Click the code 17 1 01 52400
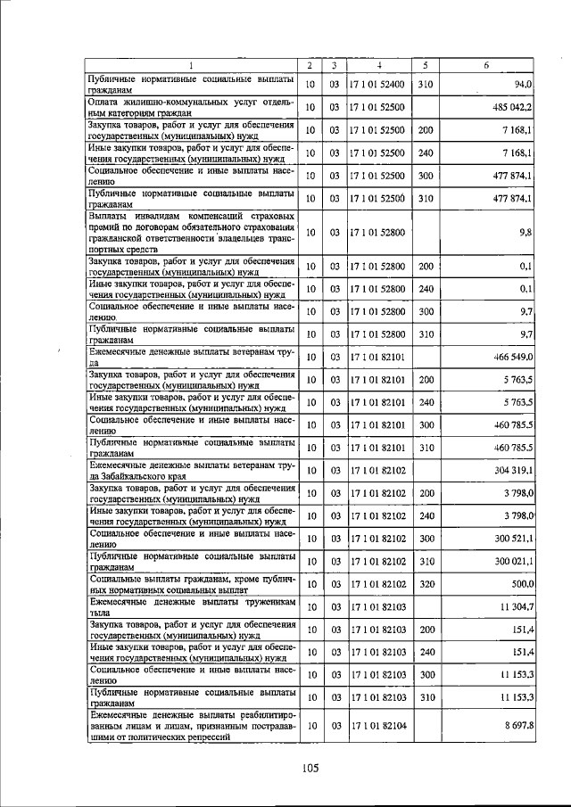[x=377, y=84]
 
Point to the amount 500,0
[x=520, y=583]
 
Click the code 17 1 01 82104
[x=377, y=726]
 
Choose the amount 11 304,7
[x=515, y=606]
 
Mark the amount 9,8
[x=525, y=232]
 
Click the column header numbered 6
[x=485, y=66]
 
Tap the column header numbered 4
[x=378, y=66]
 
